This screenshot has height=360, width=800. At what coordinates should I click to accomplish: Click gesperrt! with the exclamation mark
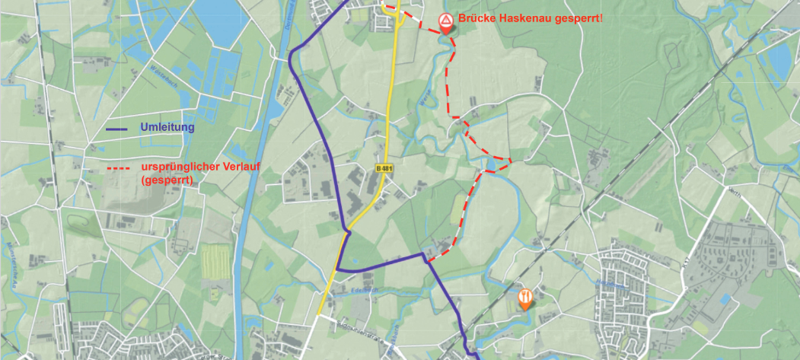pos(578,18)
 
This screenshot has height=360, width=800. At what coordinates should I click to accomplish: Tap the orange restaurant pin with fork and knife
pos(524,298)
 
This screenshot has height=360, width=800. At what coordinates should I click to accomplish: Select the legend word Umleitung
pos(167,127)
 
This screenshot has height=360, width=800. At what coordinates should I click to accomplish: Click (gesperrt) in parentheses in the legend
pos(167,180)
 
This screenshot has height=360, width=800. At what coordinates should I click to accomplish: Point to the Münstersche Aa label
pos(14,263)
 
